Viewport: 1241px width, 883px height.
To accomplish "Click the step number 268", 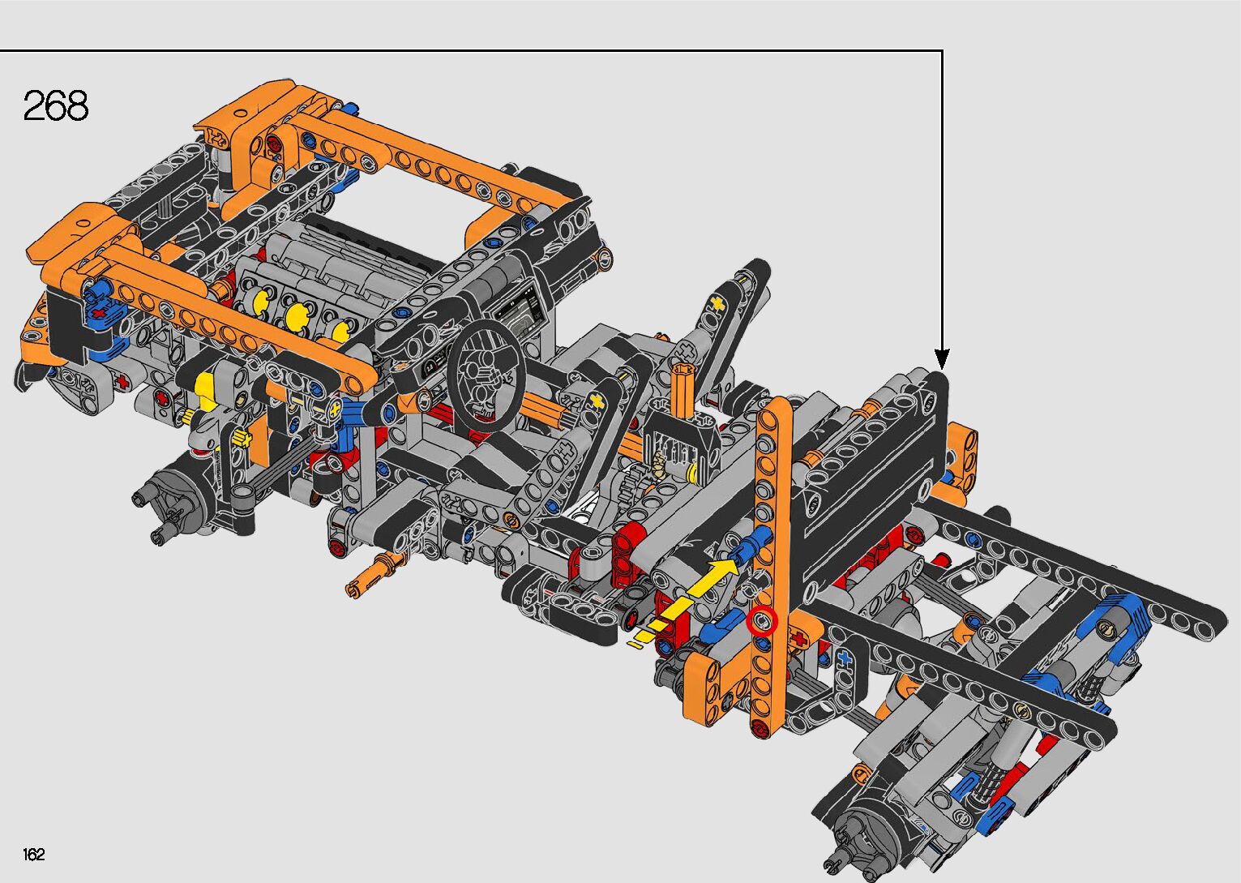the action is [55, 105].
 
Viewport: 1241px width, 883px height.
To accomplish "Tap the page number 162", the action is [33, 854].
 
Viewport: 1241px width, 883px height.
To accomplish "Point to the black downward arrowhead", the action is [942, 359].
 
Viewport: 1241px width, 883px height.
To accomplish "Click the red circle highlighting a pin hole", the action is [762, 621].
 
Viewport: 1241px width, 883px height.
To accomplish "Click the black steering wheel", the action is [486, 375].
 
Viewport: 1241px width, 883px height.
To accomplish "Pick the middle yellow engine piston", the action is [297, 316].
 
